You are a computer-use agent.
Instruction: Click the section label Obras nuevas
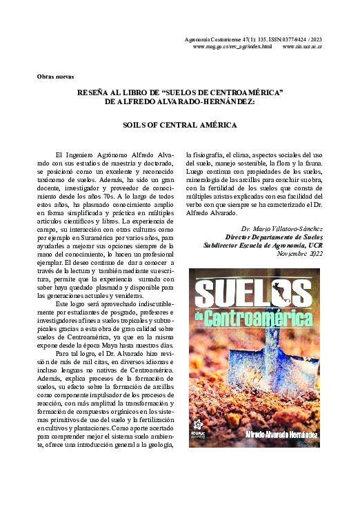coord(55,76)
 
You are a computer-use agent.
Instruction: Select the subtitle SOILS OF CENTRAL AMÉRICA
coord(179,126)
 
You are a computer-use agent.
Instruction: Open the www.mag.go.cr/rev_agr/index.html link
coord(232,48)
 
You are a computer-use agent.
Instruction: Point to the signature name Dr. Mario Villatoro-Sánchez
coord(282,227)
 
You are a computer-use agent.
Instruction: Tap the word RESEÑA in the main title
coord(96,92)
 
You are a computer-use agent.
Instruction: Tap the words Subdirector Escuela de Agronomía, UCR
coord(263,245)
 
